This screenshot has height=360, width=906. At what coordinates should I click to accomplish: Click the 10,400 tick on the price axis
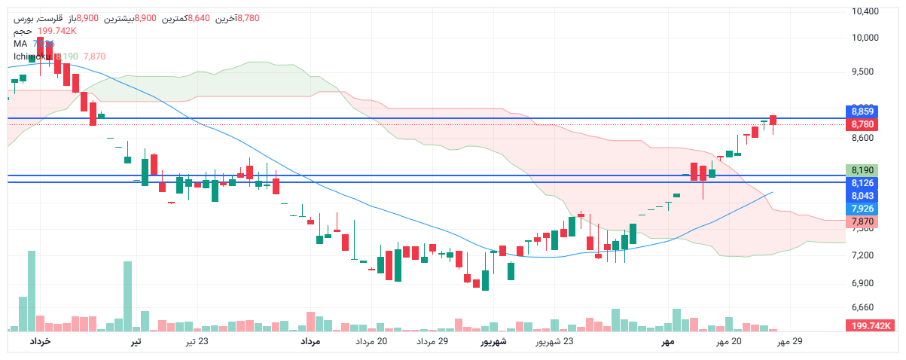click(x=864, y=11)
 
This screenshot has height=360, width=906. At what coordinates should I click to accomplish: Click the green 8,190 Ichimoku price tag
click(x=862, y=170)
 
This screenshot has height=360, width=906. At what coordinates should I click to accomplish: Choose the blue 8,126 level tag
click(x=862, y=183)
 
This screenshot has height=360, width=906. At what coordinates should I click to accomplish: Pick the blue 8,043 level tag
click(x=862, y=196)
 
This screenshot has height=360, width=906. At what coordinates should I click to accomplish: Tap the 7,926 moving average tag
click(x=862, y=209)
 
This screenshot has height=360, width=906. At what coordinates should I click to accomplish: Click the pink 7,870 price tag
click(x=862, y=221)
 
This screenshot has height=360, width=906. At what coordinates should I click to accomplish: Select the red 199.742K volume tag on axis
click(x=871, y=325)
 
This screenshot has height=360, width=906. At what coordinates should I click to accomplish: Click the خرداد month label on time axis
click(x=40, y=342)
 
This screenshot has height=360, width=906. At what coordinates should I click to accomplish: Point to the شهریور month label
click(x=493, y=342)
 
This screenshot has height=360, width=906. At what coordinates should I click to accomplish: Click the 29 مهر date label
click(x=790, y=342)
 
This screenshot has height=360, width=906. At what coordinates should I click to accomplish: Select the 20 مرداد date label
click(x=371, y=342)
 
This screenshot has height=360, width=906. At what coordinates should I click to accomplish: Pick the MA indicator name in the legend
click(x=20, y=44)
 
